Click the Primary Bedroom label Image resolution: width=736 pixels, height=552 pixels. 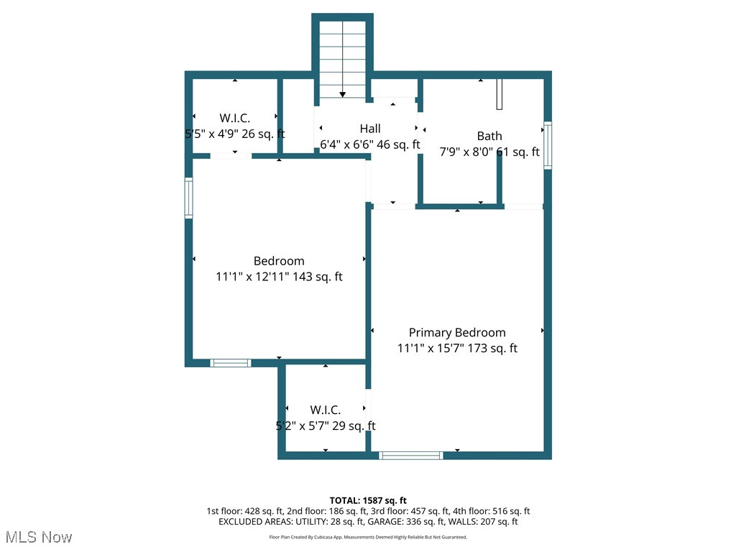tap(457, 332)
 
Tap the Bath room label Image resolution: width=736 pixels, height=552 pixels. tap(489, 136)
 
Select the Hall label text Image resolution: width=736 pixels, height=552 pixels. tap(370, 129)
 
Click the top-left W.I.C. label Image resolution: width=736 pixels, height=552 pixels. tap(234, 118)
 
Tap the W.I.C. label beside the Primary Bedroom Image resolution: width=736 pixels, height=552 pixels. tap(326, 410)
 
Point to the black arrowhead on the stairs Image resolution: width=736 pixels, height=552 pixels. tap(343, 94)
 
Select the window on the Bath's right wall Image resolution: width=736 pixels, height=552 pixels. tap(548, 145)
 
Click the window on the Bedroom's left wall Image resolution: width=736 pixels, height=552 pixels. tap(188, 198)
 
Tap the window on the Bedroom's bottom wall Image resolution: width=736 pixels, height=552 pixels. tap(230, 363)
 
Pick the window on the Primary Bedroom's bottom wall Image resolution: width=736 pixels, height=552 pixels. tap(411, 455)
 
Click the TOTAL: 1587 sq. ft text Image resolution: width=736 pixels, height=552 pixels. tap(368, 500)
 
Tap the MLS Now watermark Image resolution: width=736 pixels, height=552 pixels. tap(39, 537)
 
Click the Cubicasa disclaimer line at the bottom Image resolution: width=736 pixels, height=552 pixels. tap(368, 537)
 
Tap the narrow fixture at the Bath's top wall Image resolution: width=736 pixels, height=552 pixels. tap(499, 93)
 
